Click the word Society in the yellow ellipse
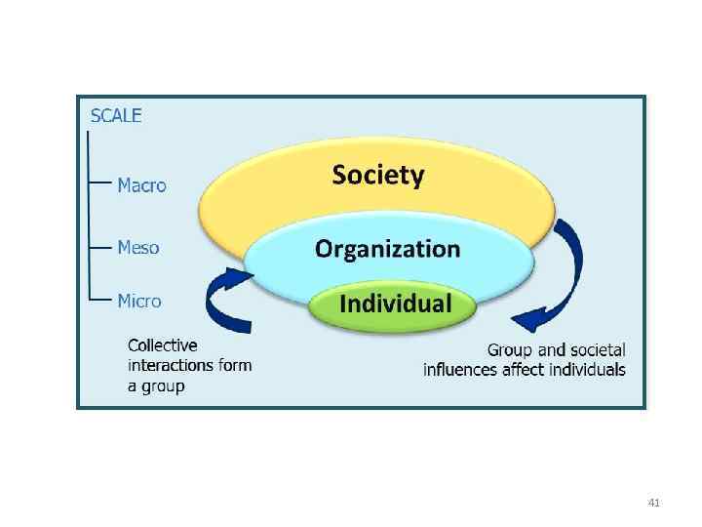tap(378, 176)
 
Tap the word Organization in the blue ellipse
tap(387, 249)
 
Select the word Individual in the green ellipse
tap(395, 303)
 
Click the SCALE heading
tap(116, 115)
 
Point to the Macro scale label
tap(141, 184)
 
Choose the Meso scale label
tap(137, 247)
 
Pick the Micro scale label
tap(139, 301)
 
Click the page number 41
tap(654, 503)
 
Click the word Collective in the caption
tap(163, 345)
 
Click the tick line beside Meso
tap(100, 247)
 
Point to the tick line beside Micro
tap(100, 301)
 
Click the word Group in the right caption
tap(510, 349)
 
